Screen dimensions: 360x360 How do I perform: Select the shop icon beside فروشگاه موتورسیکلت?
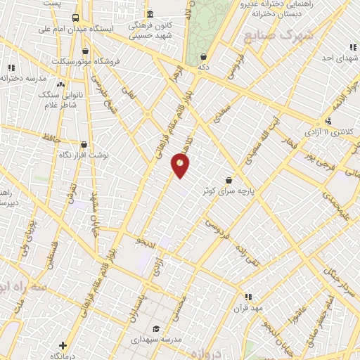tap(86, 51)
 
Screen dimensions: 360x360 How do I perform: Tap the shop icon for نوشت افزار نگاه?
tap(84, 144)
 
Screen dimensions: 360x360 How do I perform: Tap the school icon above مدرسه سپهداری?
tap(155, 328)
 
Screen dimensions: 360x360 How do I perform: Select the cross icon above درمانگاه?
tap(63, 345)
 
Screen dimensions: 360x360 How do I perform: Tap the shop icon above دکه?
tap(203, 57)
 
